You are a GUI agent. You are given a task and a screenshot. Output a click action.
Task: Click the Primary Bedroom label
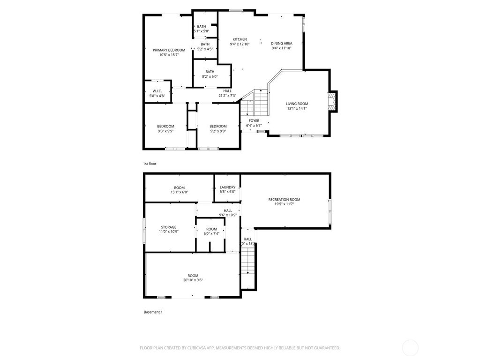[169, 50]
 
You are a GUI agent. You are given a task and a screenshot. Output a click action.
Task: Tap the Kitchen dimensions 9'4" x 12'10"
[240, 44]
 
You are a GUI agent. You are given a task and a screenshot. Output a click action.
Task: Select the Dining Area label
[281, 44]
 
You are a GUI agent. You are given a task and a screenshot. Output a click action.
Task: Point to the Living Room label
[297, 104]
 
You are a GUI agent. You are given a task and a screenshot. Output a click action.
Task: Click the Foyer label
[254, 121]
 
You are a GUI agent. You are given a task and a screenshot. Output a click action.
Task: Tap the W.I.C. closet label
[157, 91]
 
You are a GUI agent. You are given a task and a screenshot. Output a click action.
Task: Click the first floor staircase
[255, 103]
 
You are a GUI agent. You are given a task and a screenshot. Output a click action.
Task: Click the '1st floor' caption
[150, 164]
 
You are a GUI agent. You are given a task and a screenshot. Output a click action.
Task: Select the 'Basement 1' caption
[153, 312]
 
